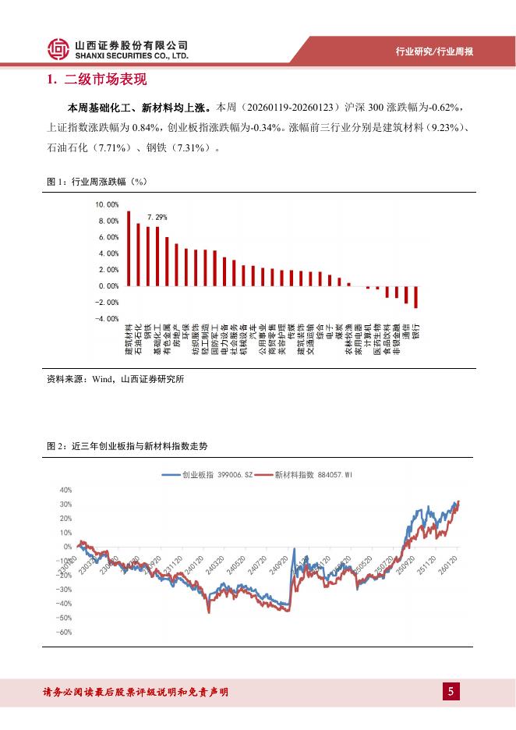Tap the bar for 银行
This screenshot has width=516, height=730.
pyautogui.click(x=416, y=297)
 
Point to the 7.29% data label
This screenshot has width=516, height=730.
pyautogui.click(x=157, y=218)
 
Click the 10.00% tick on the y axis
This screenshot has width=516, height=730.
pyautogui.click(x=107, y=204)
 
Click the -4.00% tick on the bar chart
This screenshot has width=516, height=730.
pyautogui.click(x=107, y=319)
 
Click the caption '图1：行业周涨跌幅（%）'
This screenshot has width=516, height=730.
pyautogui.click(x=97, y=182)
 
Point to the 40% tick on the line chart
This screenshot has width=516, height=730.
pyautogui.click(x=65, y=490)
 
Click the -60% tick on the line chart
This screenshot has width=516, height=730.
pyautogui.click(x=64, y=632)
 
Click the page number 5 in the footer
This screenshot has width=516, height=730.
pyautogui.click(x=451, y=692)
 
